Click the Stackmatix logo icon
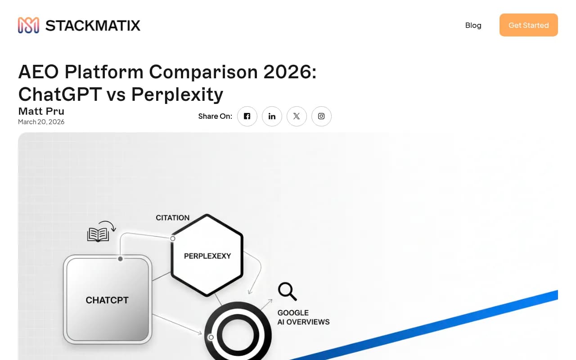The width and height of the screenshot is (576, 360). coord(28,25)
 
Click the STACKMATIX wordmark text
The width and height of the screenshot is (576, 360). coord(93,25)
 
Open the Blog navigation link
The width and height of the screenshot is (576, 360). coord(473,25)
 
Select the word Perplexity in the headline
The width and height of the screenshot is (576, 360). coord(177,94)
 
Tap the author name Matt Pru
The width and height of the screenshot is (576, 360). coord(41,111)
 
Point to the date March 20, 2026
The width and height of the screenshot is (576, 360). coord(41,122)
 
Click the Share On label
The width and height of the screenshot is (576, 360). coord(215,116)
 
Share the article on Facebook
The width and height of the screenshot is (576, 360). coord(247,116)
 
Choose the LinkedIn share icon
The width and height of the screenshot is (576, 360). coord(272,116)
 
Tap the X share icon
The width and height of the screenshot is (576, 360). coord(297,116)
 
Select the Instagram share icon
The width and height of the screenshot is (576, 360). coord(321,116)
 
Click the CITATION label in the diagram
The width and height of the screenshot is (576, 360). coord(172,218)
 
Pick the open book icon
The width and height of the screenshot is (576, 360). coord(98,234)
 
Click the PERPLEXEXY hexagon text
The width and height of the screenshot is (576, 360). coord(207,256)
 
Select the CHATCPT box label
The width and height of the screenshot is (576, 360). coord(107,300)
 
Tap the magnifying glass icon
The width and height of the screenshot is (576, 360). coord(287,291)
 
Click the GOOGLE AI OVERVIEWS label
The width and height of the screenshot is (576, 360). coord(303,317)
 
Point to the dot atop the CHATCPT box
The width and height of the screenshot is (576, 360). coord(120,259)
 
